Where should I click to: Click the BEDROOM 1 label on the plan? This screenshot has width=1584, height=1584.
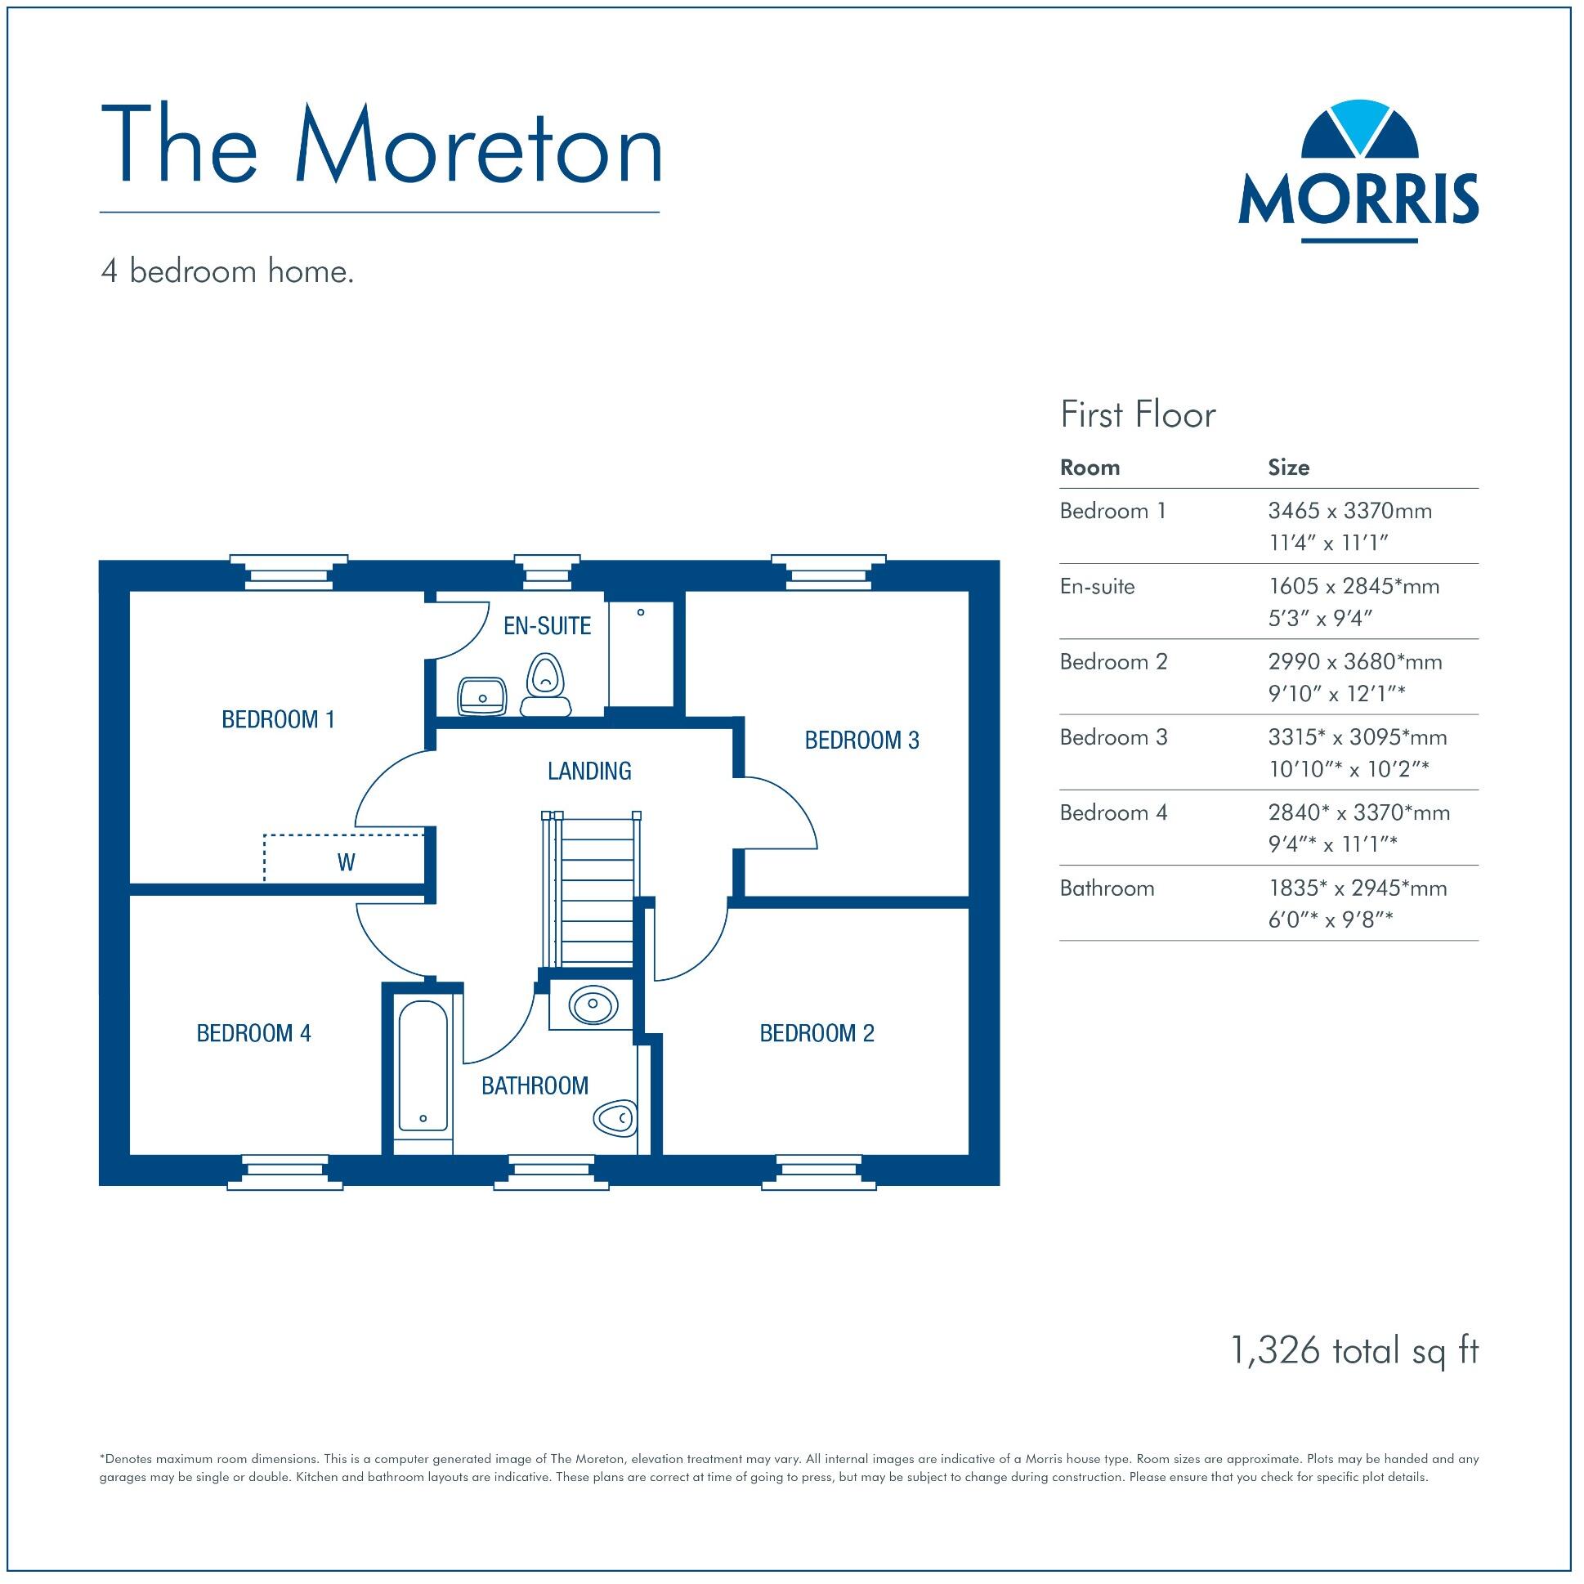[x=278, y=720]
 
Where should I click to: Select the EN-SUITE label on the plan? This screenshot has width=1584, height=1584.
[x=547, y=626]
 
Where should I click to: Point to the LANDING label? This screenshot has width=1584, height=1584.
[x=589, y=771]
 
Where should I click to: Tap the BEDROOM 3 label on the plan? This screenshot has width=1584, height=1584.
[x=861, y=741]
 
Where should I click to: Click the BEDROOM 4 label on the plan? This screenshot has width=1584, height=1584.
[x=253, y=1033]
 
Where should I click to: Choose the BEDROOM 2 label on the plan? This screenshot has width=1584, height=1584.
[x=817, y=1033]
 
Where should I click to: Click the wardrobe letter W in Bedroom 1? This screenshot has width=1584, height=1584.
[x=346, y=862]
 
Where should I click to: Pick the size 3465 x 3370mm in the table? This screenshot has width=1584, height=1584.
[x=1349, y=511]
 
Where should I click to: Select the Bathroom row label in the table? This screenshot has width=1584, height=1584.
[x=1107, y=888]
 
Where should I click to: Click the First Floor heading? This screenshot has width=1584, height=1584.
[x=1137, y=415]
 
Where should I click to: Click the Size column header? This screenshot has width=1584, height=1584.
[x=1288, y=468]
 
